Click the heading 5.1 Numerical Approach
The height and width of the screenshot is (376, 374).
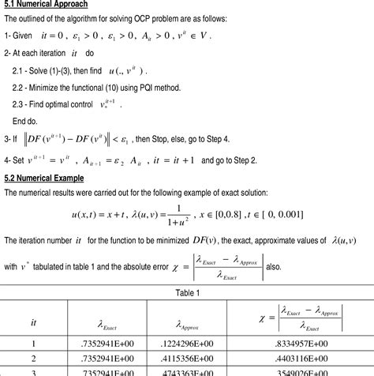tap(46, 5)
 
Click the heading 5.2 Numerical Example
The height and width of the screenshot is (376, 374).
tap(44, 178)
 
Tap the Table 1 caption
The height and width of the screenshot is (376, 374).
tap(186, 293)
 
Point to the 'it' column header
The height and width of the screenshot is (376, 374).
tap(34, 321)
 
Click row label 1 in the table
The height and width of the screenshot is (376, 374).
tap(34, 344)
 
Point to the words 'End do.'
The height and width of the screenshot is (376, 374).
tap(26, 121)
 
